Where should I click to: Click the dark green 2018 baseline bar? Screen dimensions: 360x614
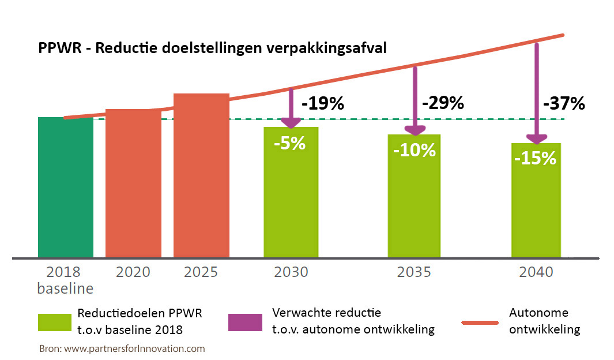tap(66, 187)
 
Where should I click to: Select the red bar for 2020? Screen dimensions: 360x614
tap(133, 183)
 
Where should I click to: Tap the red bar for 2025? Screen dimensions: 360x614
tap(201, 175)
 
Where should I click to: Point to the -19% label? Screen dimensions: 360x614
tap(322, 104)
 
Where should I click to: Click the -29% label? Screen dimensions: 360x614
tap(443, 103)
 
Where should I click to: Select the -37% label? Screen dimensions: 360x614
tap(564, 104)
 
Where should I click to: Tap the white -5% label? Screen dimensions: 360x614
tap(289, 142)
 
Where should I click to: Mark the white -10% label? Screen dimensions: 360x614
tap(414, 150)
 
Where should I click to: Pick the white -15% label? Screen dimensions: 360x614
tap(536, 157)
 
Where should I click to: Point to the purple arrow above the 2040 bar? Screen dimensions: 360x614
tap(537, 92)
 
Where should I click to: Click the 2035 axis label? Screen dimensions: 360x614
tap(413, 272)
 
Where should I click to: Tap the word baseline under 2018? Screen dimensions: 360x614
tap(65, 287)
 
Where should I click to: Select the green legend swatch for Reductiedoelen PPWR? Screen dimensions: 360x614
tap(54, 322)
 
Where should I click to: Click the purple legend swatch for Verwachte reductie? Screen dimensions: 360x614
tap(245, 322)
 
